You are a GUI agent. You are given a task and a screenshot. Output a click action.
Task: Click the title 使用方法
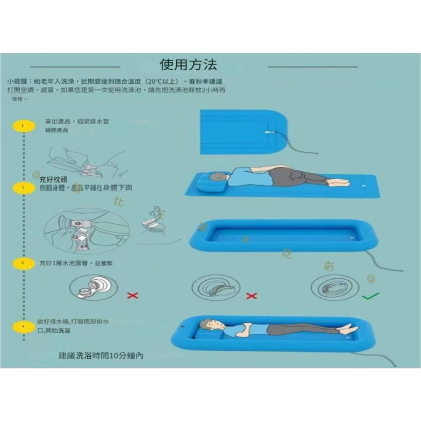click(x=188, y=65)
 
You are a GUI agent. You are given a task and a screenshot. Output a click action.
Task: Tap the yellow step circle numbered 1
click(x=22, y=125)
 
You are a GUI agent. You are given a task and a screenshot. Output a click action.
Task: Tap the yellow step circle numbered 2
click(x=23, y=187)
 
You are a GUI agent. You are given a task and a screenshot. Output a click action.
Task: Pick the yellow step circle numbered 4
click(x=22, y=326)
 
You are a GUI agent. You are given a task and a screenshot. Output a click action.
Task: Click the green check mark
click(x=370, y=296)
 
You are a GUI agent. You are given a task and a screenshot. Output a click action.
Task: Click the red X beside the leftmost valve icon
click(x=132, y=296)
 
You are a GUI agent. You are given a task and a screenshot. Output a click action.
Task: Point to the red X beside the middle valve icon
click(x=251, y=296)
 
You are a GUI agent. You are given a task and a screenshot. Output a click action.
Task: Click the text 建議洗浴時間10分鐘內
click(x=101, y=356)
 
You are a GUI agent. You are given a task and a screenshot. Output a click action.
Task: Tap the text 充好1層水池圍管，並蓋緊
click(x=76, y=263)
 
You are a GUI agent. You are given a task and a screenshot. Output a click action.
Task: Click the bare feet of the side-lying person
click(x=339, y=183)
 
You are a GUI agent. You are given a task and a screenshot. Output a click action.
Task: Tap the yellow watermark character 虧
click(x=330, y=266)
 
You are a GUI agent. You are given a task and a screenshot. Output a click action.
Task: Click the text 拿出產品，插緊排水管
click(x=77, y=121)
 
